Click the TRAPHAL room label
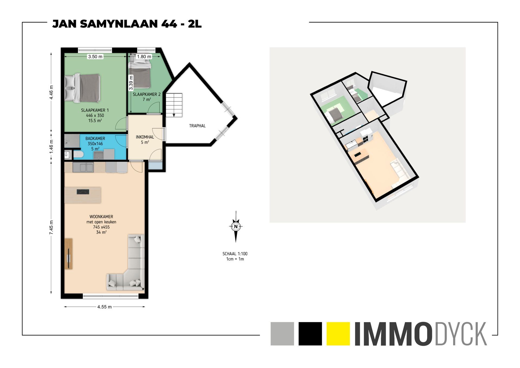point(197,126)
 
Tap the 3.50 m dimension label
point(95,57)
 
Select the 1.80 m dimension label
point(144,57)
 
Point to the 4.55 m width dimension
point(105,307)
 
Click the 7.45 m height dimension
point(51,228)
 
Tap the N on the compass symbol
point(236,226)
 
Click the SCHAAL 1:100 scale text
point(235,254)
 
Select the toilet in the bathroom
point(78,154)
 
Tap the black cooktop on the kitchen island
point(83,191)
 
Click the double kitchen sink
point(83,167)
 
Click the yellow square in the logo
point(338,334)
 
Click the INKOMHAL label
point(145,137)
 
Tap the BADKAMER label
point(95,138)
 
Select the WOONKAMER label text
point(101,217)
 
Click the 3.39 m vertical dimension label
point(131,83)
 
